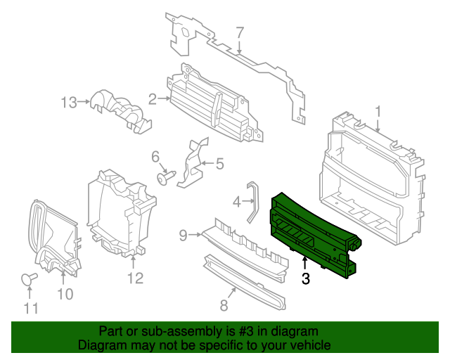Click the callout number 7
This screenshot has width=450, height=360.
pyautogui.click(x=240, y=32)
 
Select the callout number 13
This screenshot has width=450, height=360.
pyautogui.click(x=68, y=103)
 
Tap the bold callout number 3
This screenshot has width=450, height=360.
pyautogui.click(x=305, y=279)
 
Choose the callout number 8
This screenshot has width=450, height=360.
pyautogui.click(x=224, y=305)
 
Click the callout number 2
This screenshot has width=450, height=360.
pyautogui.click(x=152, y=99)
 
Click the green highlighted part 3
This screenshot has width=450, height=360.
pyautogui.click(x=313, y=232)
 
